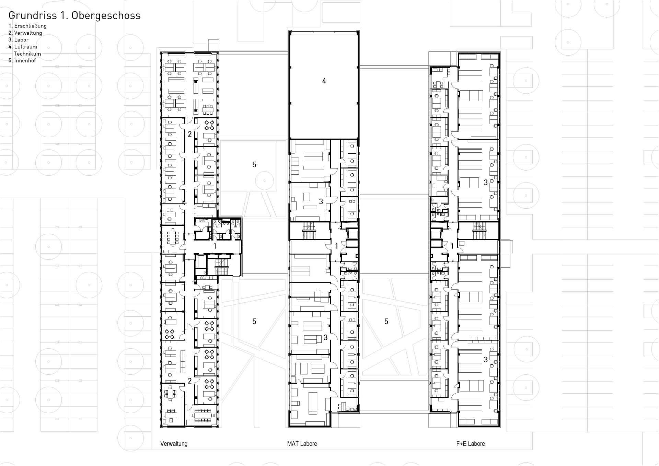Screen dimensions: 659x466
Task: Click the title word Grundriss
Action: coord(33,15)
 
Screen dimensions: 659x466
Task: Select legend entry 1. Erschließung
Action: coord(27,26)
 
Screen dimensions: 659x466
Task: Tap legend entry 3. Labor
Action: coord(19,40)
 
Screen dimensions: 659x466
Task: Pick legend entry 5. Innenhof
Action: coord(22,60)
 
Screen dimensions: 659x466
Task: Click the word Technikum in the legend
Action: coord(27,54)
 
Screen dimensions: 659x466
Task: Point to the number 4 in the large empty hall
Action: coord(324,81)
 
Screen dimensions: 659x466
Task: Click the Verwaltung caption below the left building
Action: coord(174,444)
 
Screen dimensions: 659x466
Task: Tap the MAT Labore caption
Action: coord(302,444)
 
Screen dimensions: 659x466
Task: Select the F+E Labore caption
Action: coord(471,444)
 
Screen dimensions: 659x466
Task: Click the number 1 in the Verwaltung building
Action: coord(215,246)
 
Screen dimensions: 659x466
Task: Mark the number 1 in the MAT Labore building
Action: coord(336,246)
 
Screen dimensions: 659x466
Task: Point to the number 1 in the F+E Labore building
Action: coord(452,246)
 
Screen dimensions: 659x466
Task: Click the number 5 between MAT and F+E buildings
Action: coord(386,322)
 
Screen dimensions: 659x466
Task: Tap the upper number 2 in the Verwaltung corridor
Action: coord(189,134)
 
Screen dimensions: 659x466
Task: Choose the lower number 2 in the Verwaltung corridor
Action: coord(189,381)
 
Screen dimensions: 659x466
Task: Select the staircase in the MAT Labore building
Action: coord(309,231)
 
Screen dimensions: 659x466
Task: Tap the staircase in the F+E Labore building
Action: coord(479,231)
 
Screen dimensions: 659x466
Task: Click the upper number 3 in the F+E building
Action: coord(486,183)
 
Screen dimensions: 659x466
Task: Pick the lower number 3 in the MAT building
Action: coord(326,338)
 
